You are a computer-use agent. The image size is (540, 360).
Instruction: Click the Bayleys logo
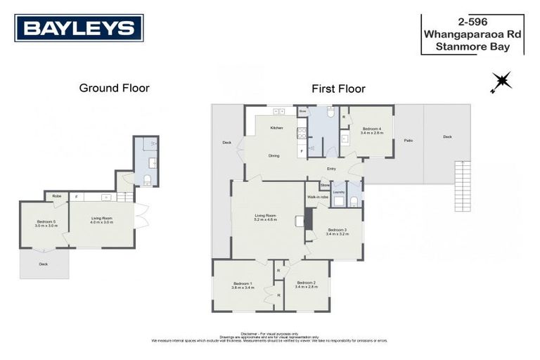click(79, 28)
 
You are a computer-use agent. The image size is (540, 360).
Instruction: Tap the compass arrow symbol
click(501, 82)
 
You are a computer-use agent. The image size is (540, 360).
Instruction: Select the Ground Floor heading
click(114, 88)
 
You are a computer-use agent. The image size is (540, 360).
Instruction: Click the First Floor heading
click(338, 89)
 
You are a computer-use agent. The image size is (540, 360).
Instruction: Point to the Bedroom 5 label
click(46, 224)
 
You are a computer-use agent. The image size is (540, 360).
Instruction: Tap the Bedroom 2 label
click(307, 284)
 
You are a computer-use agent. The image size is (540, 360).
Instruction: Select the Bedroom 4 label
click(372, 131)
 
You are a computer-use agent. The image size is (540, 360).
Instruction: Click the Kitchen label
click(276, 128)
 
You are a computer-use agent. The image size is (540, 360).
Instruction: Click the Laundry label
click(337, 191)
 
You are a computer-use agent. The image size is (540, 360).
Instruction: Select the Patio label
click(409, 141)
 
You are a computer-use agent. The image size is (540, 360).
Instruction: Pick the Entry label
click(331, 169)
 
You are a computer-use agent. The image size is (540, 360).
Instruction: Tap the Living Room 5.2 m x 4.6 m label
click(266, 217)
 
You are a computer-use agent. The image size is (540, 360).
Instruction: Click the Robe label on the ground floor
click(56, 196)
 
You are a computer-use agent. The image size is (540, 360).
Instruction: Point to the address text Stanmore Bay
click(472, 48)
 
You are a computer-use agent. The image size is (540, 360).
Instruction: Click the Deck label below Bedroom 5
click(43, 264)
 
